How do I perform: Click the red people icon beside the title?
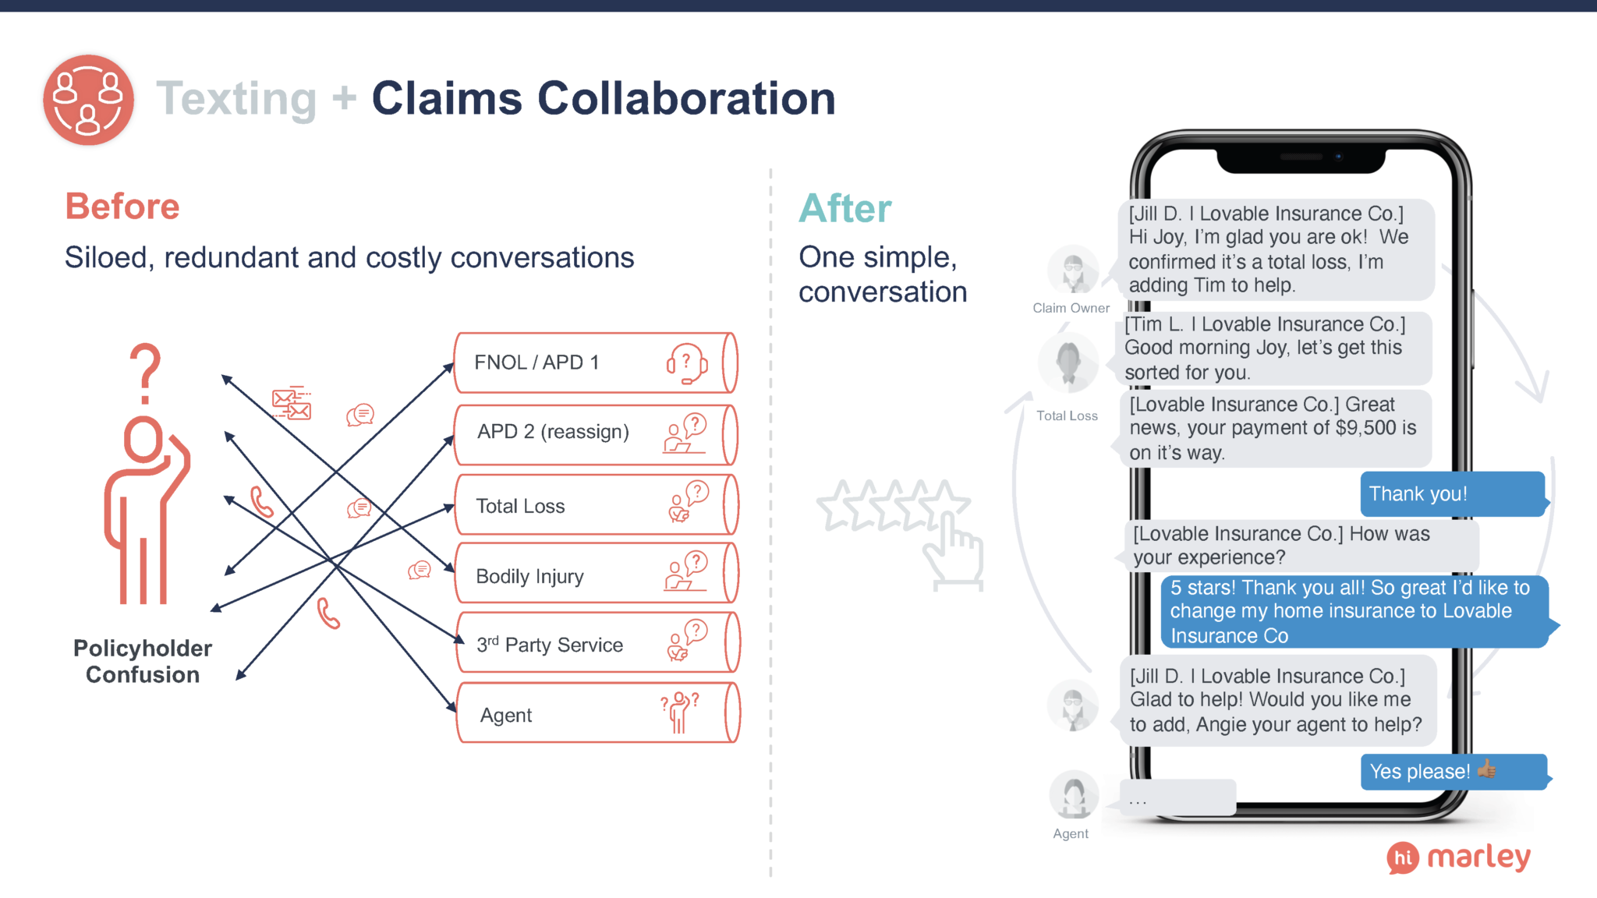tap(88, 100)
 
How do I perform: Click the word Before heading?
tap(122, 207)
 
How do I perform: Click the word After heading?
tap(845, 209)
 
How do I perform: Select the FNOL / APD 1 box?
tap(594, 363)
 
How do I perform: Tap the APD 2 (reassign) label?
tap(553, 432)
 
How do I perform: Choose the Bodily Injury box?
tap(594, 575)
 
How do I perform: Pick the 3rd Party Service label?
tap(550, 645)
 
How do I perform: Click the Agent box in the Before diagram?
tap(594, 714)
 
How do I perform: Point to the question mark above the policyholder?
tap(145, 373)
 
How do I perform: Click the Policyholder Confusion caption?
tap(143, 661)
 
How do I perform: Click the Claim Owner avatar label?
tap(1071, 308)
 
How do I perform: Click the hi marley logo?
tap(1458, 857)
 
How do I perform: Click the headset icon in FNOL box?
tap(686, 363)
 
